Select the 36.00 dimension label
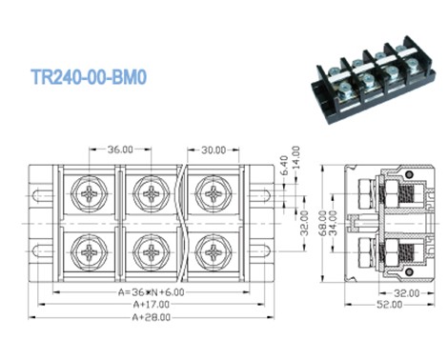(119, 150)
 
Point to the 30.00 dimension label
(214, 150)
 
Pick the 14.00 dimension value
(296, 158)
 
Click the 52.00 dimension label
(385, 305)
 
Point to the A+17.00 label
(152, 304)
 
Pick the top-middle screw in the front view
(151, 194)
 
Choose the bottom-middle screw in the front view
(151, 253)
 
